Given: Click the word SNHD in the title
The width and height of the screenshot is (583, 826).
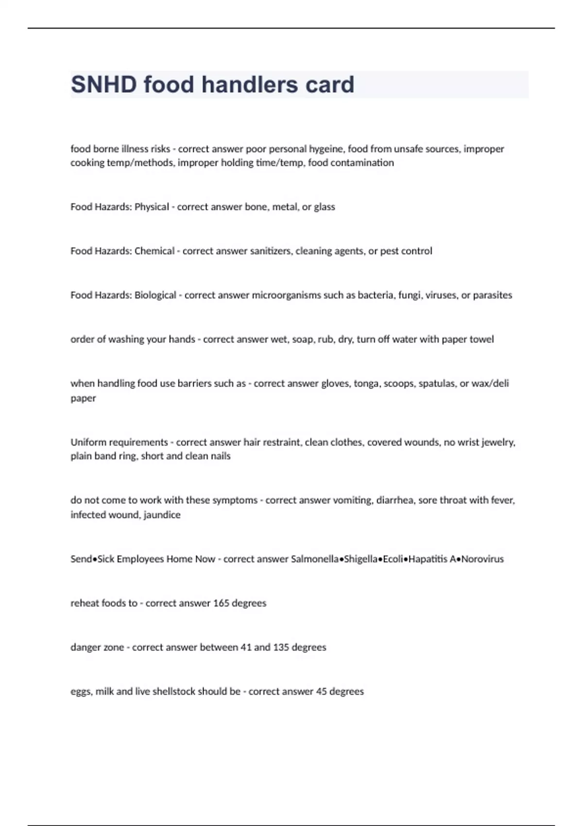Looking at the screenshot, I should click(x=104, y=85).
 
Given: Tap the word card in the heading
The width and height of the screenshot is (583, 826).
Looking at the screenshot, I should click(x=330, y=85).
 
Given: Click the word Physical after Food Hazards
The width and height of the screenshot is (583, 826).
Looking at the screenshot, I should click(x=152, y=207).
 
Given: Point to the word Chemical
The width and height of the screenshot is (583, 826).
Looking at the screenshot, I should click(x=154, y=251).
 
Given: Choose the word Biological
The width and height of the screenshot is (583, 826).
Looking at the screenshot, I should click(x=155, y=295).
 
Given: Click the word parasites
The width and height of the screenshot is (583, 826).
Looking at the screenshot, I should click(x=493, y=295).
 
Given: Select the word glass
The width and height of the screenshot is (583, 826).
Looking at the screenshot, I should click(x=325, y=207).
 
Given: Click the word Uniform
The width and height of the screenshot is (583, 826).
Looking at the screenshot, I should click(x=88, y=442).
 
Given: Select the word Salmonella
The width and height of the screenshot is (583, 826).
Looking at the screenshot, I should click(x=314, y=559).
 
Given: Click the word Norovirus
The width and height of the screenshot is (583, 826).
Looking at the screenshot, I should click(x=482, y=559).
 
